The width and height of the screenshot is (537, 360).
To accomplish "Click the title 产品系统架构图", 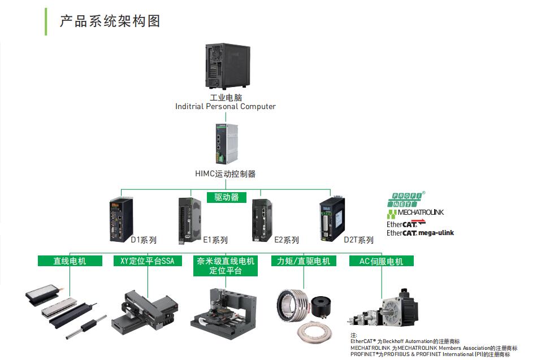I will tap(110, 21).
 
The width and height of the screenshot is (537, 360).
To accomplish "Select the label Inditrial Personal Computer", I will tap(226, 106).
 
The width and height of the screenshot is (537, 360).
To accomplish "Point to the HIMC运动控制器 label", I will tap(225, 174).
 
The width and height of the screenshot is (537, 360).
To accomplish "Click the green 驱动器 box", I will tap(227, 197).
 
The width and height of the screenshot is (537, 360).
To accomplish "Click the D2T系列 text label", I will tap(358, 240).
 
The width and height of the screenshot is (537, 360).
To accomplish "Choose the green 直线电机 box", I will tap(70, 261).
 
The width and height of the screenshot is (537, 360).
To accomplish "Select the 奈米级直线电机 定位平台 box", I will tap(226, 266).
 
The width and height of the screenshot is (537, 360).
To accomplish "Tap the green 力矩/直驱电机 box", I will tap(304, 261).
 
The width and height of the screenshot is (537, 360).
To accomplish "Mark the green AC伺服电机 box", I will tap(382, 261).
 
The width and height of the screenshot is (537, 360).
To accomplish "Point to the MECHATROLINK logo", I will tap(415, 213).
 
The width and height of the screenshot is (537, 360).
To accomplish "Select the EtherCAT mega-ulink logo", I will tap(420, 233).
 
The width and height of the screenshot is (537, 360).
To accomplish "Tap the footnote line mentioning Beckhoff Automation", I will tap(405, 341).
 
